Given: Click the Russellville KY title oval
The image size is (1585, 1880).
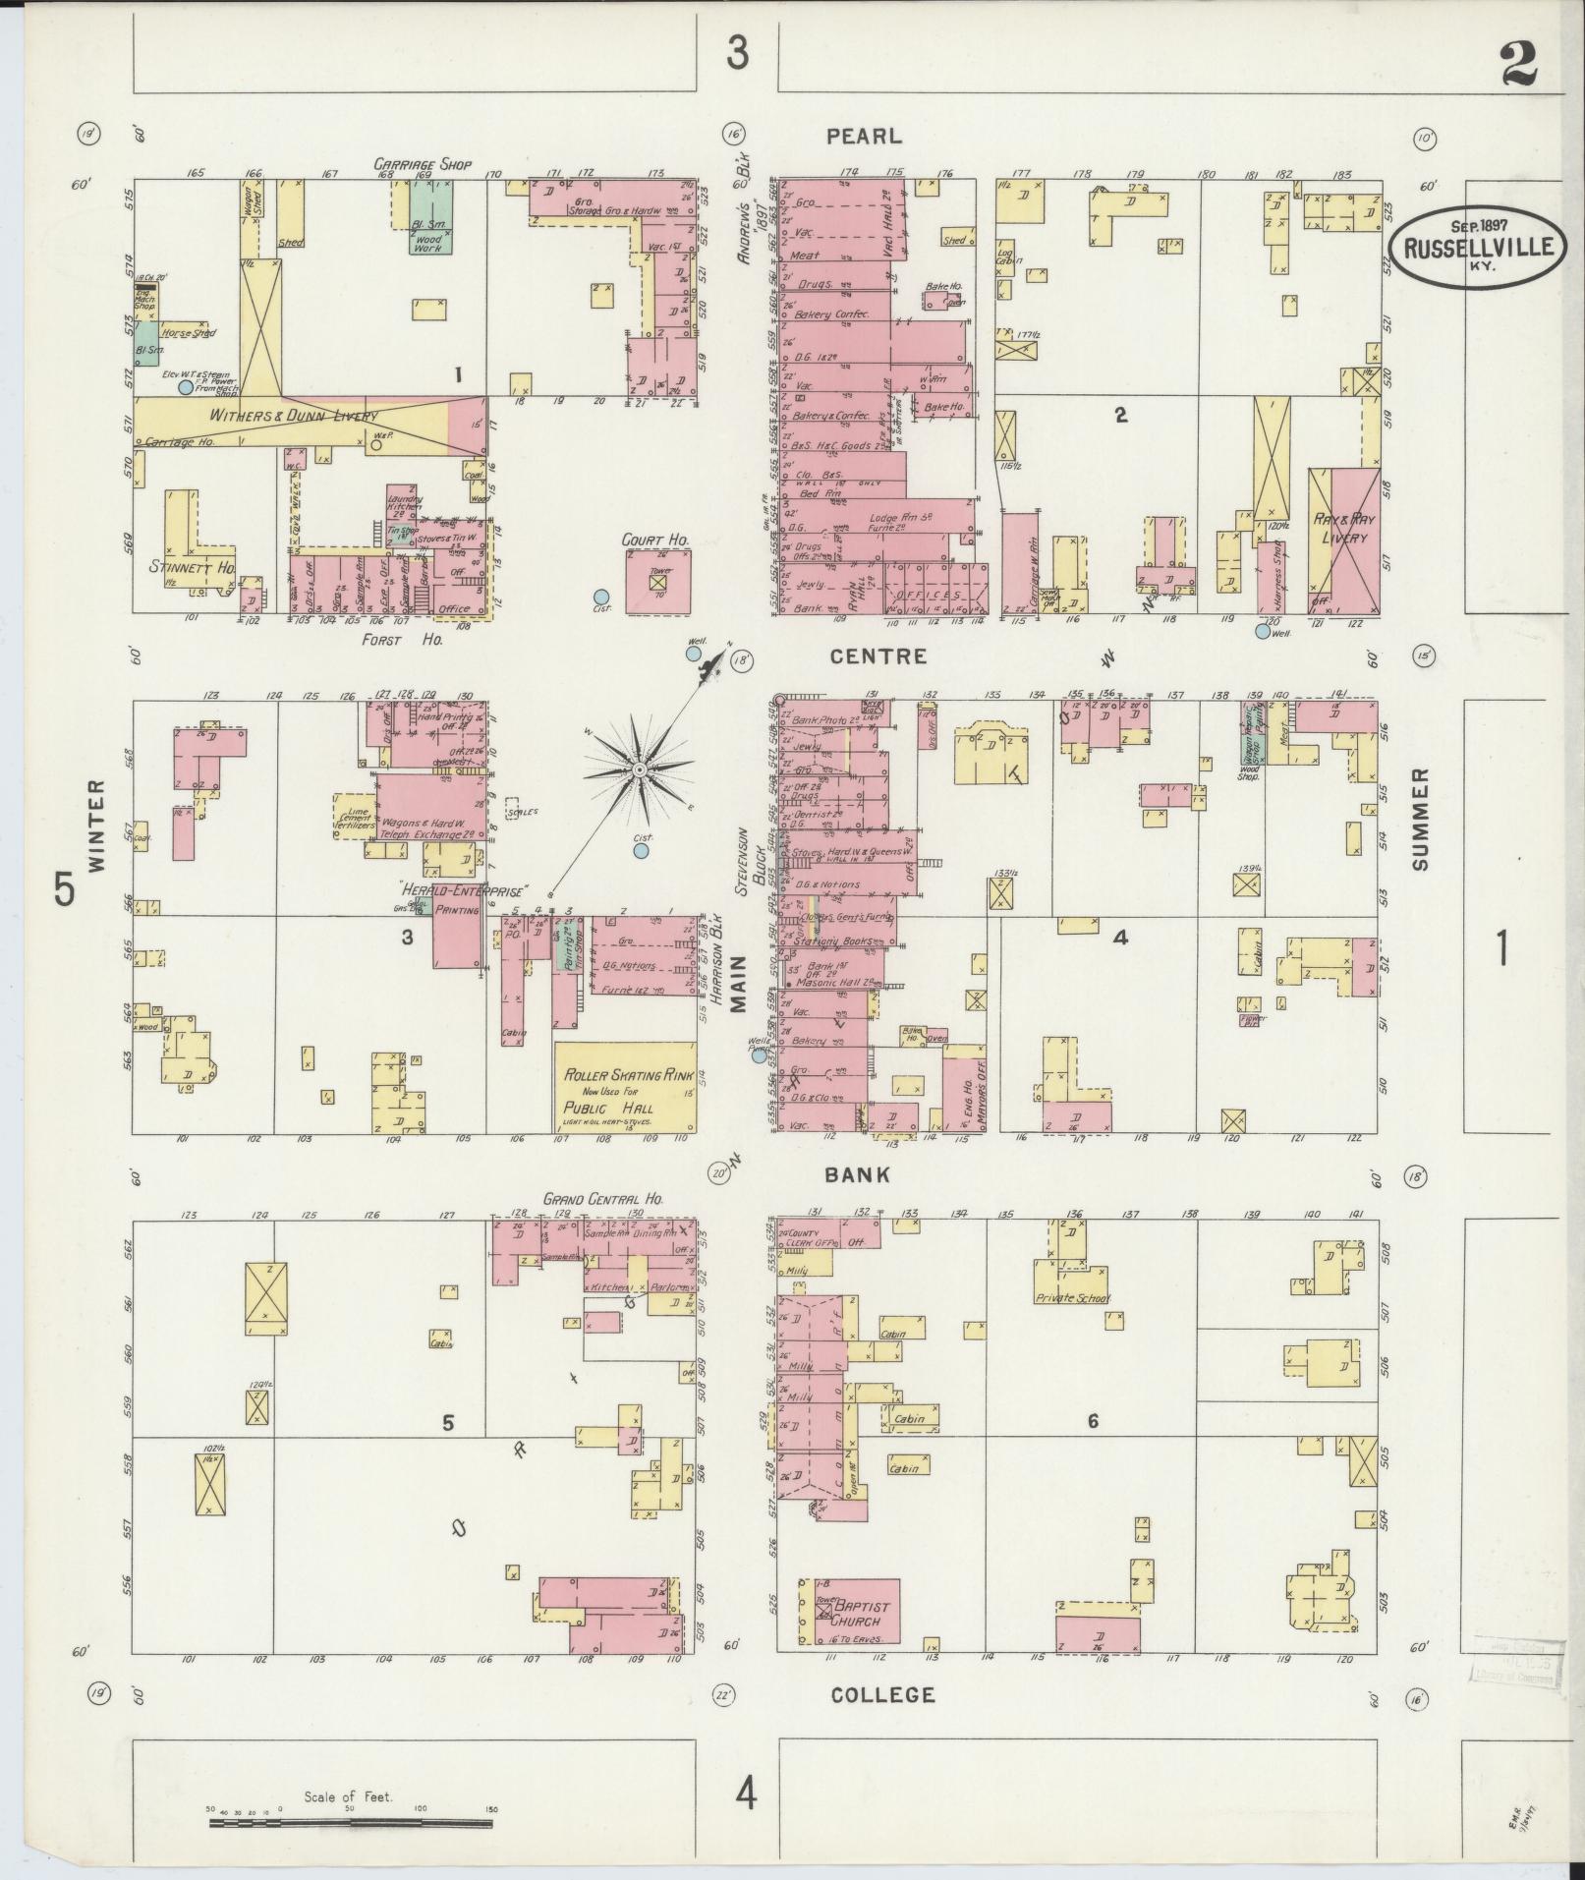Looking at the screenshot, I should pos(1480,246).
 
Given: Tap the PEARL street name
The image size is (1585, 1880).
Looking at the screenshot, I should pos(863,137).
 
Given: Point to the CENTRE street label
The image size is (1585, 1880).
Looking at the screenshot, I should pos(865,655).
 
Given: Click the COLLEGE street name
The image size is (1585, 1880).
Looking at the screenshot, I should pos(881,1694).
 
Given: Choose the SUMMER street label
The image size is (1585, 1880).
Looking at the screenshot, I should pos(1419,818).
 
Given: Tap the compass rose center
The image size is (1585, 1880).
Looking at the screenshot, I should pos(639,769).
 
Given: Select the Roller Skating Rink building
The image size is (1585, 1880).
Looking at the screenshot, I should pos(625,1087).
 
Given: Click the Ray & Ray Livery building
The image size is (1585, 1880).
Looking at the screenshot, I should pos(1342,541).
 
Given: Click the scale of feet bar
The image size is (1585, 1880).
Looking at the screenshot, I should pos(350,1823).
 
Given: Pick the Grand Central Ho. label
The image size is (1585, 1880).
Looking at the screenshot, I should pos(603,1200).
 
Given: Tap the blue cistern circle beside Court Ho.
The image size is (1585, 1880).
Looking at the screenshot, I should pos(600,596).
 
